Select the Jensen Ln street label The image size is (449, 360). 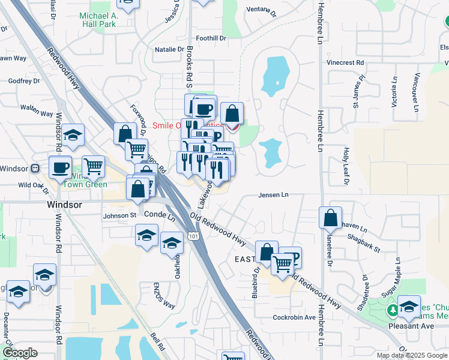(x=274, y=195)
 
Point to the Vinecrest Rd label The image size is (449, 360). (x=345, y=62)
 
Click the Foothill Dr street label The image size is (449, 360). (x=214, y=38)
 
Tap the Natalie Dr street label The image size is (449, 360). (x=169, y=50)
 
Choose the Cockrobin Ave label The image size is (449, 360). (x=294, y=317)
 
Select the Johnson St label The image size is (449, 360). (x=120, y=215)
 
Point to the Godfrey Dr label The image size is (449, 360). (x=25, y=80)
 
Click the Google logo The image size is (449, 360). (x=20, y=353)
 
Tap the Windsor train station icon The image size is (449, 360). (x=35, y=169)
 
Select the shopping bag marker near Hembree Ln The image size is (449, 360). (x=331, y=217)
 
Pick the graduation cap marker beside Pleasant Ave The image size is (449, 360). (x=409, y=307)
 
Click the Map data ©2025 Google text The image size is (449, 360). (x=411, y=355)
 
